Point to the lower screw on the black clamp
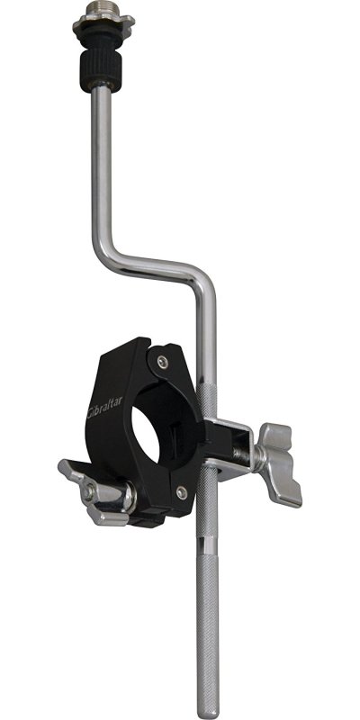coord(182,492)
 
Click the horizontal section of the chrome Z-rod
coord(148,256)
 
